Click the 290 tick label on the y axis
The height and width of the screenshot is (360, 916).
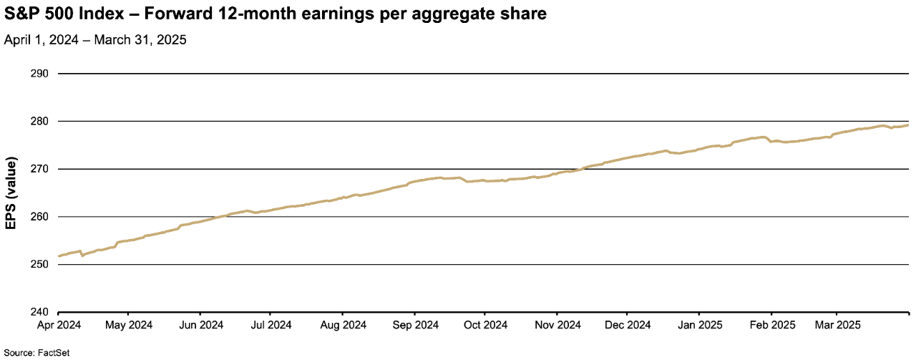[x=39, y=74]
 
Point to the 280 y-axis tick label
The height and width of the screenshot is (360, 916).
[x=39, y=122]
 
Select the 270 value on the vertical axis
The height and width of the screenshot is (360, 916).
[x=39, y=169]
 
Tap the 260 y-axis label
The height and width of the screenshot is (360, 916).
[x=39, y=217]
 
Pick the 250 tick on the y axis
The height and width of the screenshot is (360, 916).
[x=39, y=265]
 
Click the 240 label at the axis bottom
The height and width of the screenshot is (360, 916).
[x=39, y=312]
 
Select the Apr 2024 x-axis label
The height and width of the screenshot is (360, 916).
[x=58, y=324]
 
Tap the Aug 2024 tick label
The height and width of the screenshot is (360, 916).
[x=342, y=324]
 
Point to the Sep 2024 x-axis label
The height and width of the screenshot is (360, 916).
[x=414, y=324]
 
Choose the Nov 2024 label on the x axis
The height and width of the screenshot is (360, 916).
[x=557, y=324]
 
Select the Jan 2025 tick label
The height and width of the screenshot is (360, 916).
[x=699, y=324]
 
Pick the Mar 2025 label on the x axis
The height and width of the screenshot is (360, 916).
[x=838, y=324]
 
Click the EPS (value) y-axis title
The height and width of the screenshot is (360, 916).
[x=11, y=193]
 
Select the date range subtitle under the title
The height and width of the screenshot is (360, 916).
[x=95, y=41]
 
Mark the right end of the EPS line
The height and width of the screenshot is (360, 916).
[x=908, y=125]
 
